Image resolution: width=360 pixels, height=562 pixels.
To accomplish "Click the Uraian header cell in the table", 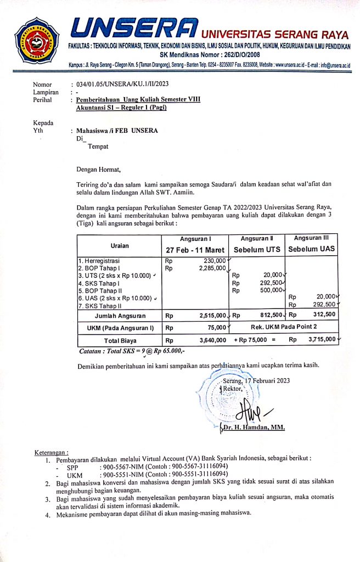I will tap(119, 245).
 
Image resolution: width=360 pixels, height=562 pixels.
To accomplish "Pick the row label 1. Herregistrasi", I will tap(99, 261).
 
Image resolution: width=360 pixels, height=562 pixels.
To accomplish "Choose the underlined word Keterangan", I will tap(51, 452).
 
